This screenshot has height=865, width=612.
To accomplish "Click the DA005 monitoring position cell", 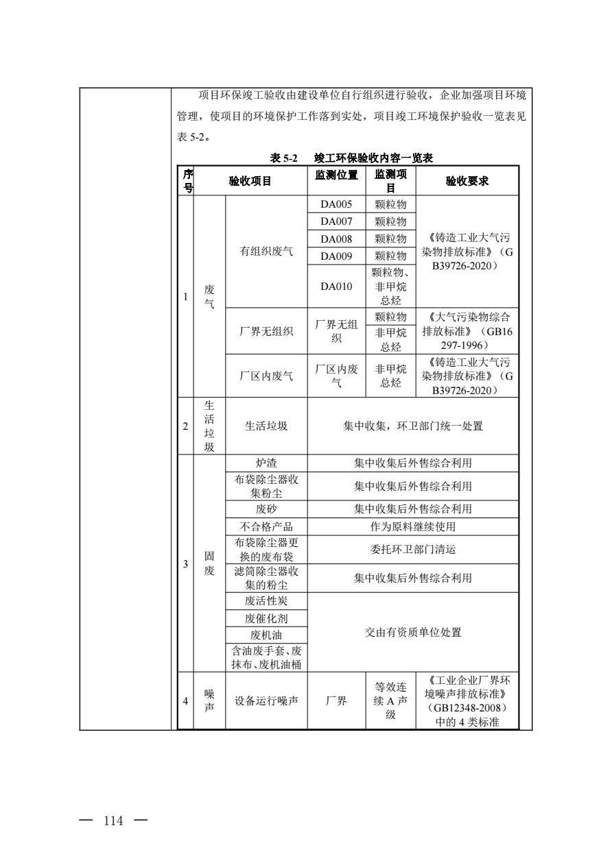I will (x=336, y=204).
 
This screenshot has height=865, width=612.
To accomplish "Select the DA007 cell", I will (x=336, y=221).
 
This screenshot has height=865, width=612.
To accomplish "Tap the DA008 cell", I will (x=336, y=239).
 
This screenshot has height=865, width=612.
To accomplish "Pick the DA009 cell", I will (x=336, y=256).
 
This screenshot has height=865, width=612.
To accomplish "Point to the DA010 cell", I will (x=336, y=286).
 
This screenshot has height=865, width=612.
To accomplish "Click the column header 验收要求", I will (x=467, y=181).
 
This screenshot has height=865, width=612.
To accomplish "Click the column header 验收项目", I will (x=250, y=181).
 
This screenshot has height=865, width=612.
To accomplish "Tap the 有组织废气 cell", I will (x=266, y=252).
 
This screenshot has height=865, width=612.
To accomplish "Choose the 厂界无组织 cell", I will (x=266, y=332).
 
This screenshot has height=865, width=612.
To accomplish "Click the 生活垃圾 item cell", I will (x=266, y=426).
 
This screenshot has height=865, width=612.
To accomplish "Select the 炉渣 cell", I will (x=266, y=463).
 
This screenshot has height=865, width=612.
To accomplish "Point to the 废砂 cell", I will (x=266, y=509).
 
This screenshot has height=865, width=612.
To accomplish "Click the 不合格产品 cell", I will (x=266, y=526).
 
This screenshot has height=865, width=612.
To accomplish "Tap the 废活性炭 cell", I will (x=266, y=601).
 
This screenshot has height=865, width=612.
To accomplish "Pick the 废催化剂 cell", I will (x=266, y=618).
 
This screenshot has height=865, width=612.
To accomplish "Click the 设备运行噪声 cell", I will (x=266, y=700).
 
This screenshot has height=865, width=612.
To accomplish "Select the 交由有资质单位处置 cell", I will (x=412, y=632).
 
